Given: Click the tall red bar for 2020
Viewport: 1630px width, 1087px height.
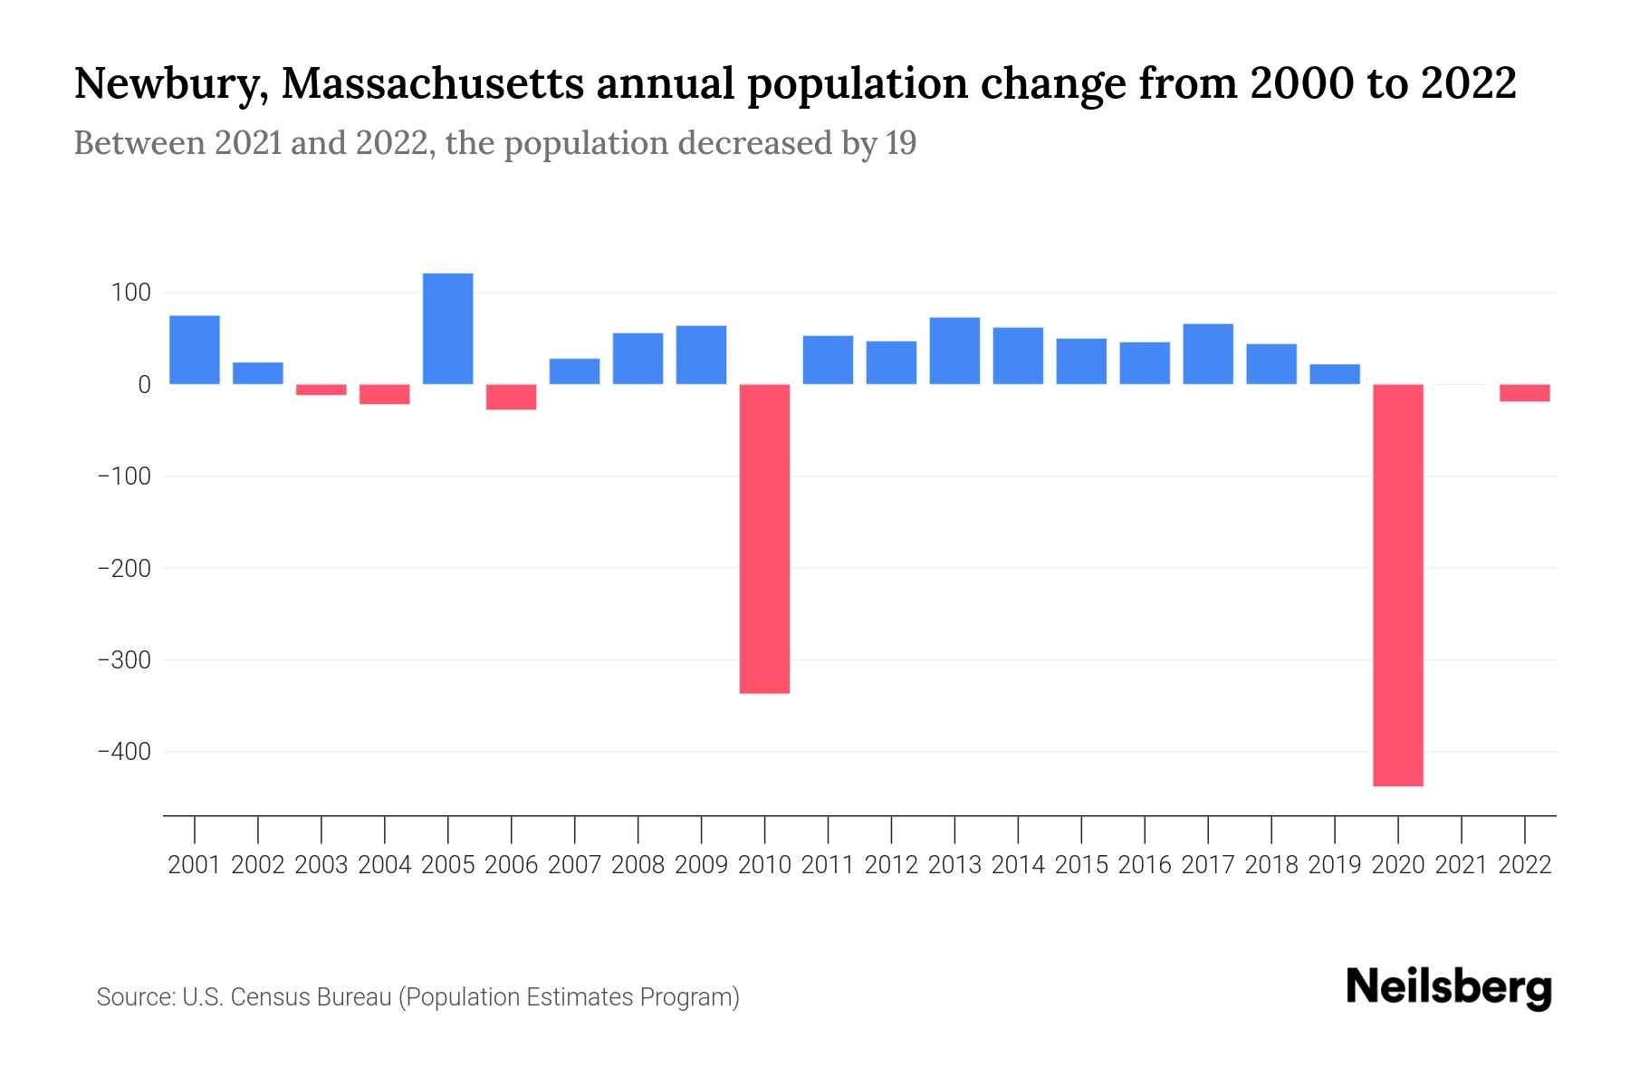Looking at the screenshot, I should click(1398, 584).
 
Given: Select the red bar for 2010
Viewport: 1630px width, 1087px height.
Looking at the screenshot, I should click(764, 538).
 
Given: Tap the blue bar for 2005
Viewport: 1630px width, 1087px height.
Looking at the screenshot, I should click(448, 328).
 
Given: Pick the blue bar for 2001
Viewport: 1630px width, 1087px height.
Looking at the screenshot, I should click(195, 350).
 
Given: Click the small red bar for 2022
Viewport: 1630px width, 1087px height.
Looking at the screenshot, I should click(1525, 392).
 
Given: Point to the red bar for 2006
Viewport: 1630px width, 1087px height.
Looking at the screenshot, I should click(512, 397).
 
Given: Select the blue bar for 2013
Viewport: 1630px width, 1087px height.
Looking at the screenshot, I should click(954, 351).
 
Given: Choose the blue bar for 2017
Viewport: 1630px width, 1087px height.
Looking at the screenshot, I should click(1208, 353).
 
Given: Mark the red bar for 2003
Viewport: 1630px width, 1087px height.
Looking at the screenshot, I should click(321, 390).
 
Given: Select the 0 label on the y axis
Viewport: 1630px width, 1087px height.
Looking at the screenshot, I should click(144, 385).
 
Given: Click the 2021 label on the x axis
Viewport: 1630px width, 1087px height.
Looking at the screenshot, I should click(1462, 865).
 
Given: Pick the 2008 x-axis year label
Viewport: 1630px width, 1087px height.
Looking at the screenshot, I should click(638, 865).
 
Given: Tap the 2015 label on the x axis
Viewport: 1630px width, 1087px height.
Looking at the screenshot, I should click(1081, 865).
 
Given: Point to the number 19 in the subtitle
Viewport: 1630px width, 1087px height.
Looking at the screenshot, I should click(900, 143).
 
